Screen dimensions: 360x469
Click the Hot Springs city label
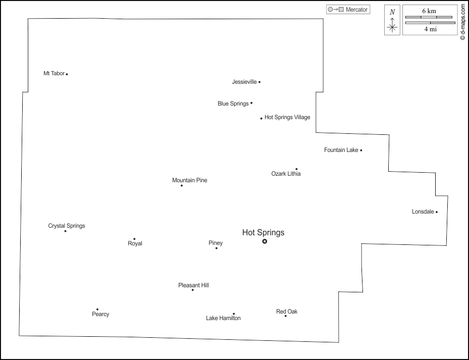click(263, 233)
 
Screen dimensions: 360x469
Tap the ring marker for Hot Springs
click(265, 241)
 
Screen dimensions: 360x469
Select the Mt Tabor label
click(54, 74)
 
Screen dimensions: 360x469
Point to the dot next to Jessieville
click(259, 82)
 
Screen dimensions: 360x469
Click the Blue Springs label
click(233, 104)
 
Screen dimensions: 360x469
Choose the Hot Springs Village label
click(287, 118)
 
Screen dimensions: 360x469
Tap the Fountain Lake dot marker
click(361, 150)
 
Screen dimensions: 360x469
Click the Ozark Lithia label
click(286, 174)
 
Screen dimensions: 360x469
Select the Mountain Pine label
click(189, 180)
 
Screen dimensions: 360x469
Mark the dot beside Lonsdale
click(437, 212)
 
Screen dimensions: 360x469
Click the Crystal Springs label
click(67, 226)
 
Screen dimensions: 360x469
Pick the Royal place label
click(135, 243)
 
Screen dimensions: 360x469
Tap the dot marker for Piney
click(217, 248)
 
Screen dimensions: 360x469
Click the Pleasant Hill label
click(193, 285)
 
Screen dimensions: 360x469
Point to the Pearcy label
click(100, 314)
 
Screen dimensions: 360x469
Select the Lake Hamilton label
click(223, 318)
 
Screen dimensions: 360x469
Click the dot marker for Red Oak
click(285, 316)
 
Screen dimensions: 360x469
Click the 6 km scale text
click(429, 11)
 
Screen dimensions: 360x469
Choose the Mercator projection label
click(356, 10)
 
